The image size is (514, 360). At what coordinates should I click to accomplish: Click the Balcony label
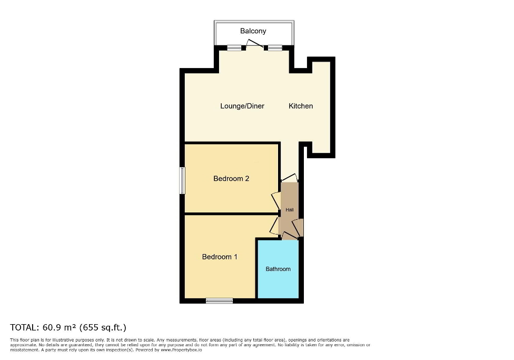coord(253,31)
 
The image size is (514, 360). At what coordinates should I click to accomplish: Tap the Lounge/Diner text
coord(242,106)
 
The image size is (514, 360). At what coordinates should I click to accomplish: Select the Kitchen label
coord(301,106)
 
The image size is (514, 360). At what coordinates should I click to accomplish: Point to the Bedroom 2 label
coord(231,179)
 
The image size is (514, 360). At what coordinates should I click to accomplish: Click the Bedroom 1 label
coord(220,257)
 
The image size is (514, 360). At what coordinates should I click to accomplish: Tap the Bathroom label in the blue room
coord(278,269)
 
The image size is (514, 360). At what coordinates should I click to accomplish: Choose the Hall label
coord(290,210)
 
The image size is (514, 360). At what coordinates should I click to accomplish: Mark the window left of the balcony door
coord(234,48)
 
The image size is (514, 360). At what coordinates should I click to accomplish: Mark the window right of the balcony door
coord(275,48)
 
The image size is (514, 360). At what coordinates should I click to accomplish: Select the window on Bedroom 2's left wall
coord(182,180)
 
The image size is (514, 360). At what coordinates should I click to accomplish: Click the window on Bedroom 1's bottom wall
coord(219,301)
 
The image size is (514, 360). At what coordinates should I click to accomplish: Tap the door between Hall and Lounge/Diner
coord(289,179)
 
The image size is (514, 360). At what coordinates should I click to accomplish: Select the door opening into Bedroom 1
coord(274,226)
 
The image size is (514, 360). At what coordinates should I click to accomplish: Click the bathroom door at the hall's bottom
coord(289,236)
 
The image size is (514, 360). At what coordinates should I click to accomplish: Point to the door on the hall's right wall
coord(299,227)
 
